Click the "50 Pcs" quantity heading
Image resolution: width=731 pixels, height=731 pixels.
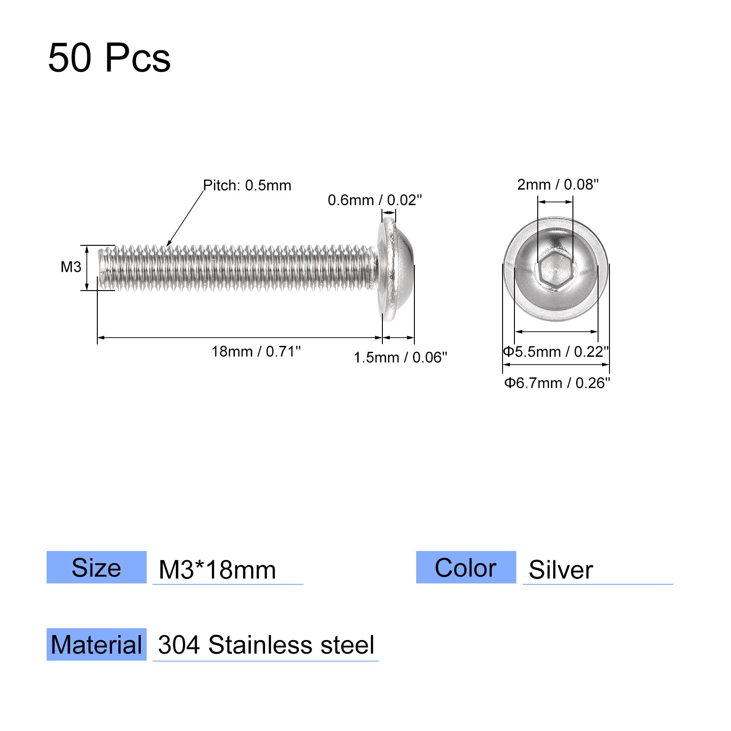(x=109, y=58)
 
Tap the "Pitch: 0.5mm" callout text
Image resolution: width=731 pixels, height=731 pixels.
(x=247, y=185)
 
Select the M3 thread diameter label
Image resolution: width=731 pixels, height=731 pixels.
(x=71, y=267)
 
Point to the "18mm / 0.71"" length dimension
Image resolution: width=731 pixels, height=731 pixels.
(x=256, y=351)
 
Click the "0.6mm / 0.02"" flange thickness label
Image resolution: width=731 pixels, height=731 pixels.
(x=375, y=200)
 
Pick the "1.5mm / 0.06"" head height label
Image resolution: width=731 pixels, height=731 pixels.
(x=400, y=357)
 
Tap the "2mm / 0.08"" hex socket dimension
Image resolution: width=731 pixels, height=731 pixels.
(x=558, y=184)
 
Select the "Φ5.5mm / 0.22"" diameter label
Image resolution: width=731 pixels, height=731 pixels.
(x=556, y=351)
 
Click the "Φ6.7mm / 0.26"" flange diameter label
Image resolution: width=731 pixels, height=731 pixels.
(x=557, y=382)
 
